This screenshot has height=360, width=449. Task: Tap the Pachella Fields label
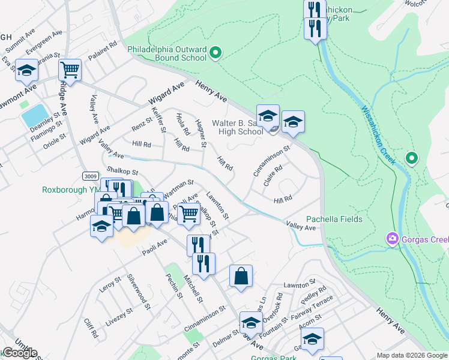coord(334,219)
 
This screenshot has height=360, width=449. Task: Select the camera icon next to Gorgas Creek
coord(393,239)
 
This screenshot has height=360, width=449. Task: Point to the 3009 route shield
coord(91,176)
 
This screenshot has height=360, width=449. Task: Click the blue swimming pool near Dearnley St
coord(35,115)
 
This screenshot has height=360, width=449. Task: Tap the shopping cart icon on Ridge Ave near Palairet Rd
coord(70,70)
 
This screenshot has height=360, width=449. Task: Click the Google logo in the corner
coord(20,353)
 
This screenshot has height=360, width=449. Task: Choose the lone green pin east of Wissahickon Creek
coord(411,158)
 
